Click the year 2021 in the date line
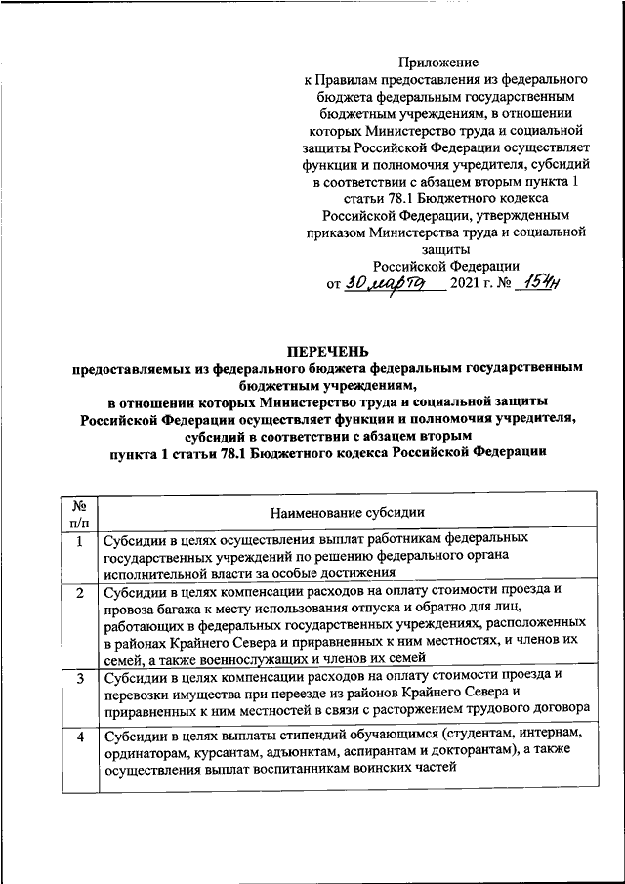(x=469, y=284)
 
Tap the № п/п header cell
(x=79, y=512)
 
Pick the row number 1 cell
(x=79, y=539)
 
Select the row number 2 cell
(x=79, y=592)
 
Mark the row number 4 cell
(x=79, y=735)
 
